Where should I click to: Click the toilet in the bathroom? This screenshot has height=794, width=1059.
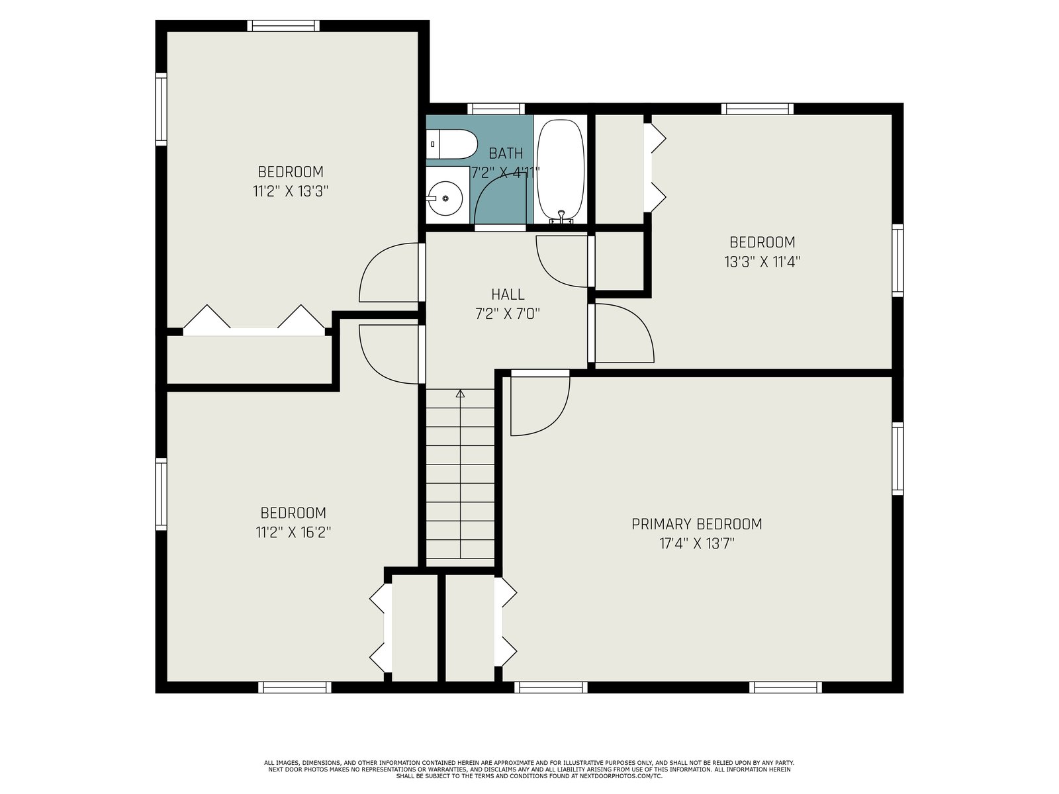(x=451, y=144)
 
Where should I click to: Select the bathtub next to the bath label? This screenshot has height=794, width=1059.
(x=561, y=171)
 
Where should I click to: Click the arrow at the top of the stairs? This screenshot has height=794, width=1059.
(x=460, y=394)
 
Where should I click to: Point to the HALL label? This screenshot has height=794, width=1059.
(x=508, y=294)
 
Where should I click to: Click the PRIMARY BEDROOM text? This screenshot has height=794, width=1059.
(x=697, y=523)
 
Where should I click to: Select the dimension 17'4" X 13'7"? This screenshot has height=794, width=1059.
(x=697, y=544)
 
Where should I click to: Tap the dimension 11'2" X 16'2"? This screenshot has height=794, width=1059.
(x=293, y=532)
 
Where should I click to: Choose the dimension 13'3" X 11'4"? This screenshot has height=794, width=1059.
(x=762, y=262)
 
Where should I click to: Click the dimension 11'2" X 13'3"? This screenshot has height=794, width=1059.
(x=291, y=191)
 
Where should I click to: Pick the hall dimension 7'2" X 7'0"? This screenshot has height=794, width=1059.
(x=508, y=314)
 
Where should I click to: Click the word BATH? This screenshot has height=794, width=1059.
(x=506, y=154)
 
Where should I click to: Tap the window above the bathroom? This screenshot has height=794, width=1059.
(x=496, y=109)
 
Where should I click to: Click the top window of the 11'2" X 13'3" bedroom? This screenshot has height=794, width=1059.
(x=283, y=26)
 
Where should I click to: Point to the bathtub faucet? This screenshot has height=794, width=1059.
(x=561, y=217)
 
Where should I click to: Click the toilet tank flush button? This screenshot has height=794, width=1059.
(x=433, y=144)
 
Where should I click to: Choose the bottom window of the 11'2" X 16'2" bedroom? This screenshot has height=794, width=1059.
(x=295, y=687)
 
